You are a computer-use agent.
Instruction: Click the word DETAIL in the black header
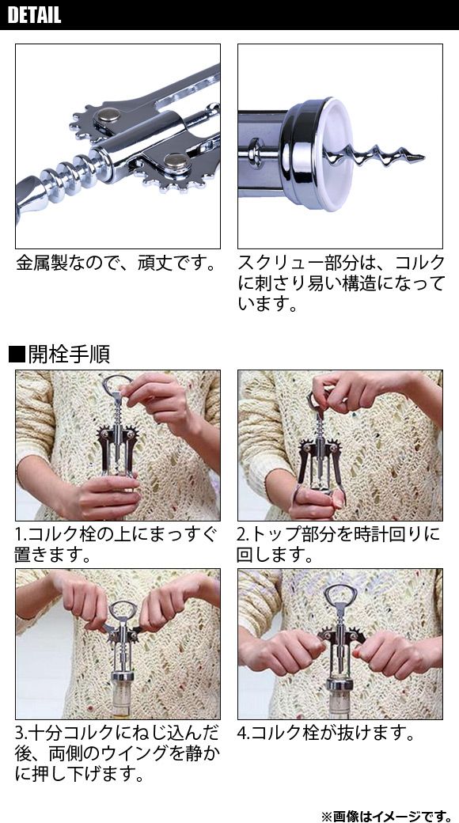point(35,15)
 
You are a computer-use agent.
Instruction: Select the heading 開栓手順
point(69,355)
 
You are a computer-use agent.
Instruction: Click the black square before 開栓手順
point(17,355)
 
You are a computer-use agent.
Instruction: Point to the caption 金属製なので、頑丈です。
point(116,263)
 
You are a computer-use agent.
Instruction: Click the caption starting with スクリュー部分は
point(341,283)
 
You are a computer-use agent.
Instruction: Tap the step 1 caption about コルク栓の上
point(116,544)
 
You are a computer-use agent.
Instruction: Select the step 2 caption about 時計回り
point(338,544)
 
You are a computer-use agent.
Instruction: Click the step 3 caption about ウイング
point(116,753)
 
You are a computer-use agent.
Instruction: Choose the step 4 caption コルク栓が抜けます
point(325,734)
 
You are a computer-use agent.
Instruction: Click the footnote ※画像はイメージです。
point(386,816)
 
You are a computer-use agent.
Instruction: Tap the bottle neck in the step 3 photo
point(121,699)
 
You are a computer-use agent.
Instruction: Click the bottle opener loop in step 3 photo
point(123,609)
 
